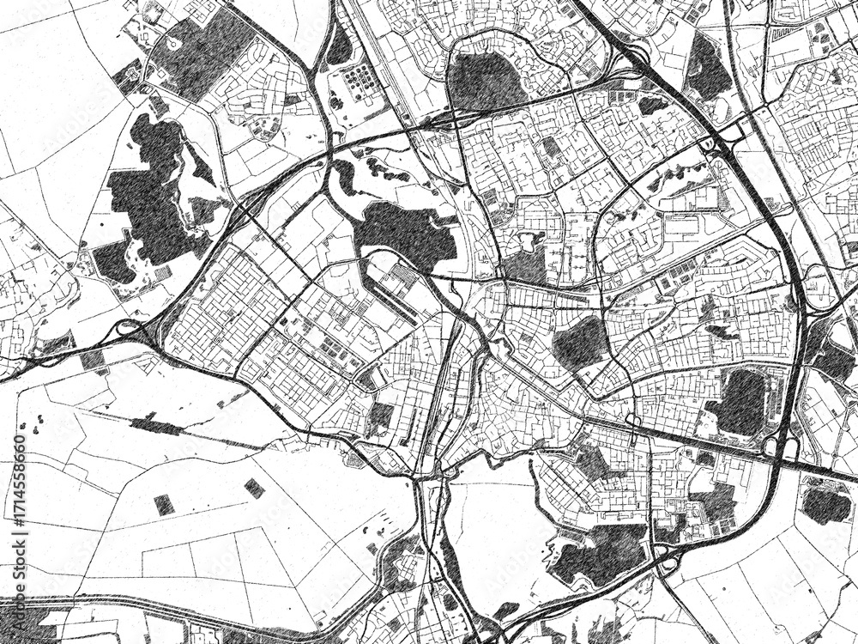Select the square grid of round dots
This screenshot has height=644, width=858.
tap(359, 82)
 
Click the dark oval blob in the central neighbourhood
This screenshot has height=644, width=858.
tap(579, 342)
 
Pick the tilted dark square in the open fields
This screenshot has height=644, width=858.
tap(254, 489)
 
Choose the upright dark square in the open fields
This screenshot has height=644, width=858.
tap(164, 505)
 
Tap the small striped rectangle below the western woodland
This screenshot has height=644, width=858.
tap(160, 274)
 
